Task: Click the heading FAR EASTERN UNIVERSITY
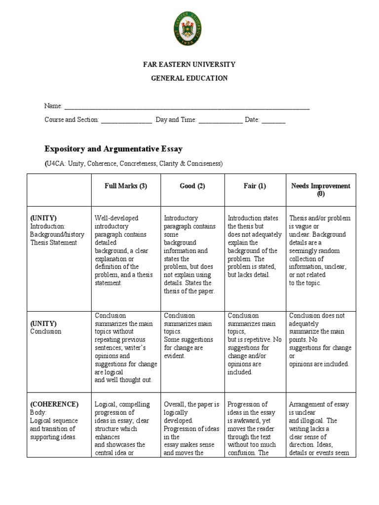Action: click(x=189, y=65)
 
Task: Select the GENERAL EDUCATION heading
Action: click(x=189, y=78)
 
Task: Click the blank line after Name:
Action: click(x=187, y=107)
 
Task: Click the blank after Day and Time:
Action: click(x=221, y=120)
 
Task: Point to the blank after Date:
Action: click(x=273, y=120)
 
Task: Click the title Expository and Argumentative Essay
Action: click(x=114, y=148)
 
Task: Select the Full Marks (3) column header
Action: click(x=126, y=186)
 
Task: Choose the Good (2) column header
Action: click(x=192, y=186)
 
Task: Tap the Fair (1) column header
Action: click(x=255, y=186)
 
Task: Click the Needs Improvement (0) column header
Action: click(x=321, y=190)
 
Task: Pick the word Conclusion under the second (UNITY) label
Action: click(x=46, y=331)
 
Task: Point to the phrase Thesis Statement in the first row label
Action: click(x=53, y=243)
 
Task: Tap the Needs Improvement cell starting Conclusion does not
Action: click(x=320, y=340)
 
